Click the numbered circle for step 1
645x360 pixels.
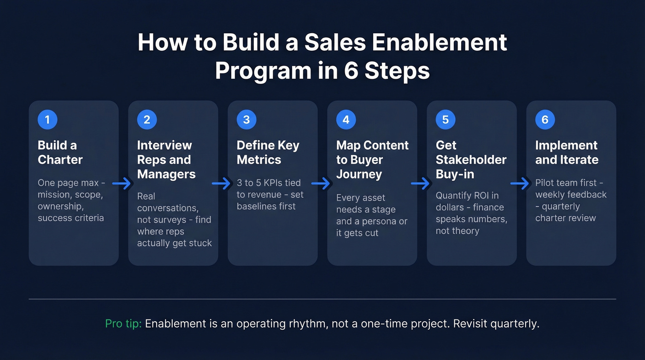[x=47, y=120]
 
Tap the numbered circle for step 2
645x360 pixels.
[x=147, y=120]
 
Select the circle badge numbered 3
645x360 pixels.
[x=246, y=120]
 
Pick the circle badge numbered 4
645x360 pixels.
[x=346, y=120]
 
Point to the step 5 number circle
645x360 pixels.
[x=446, y=120]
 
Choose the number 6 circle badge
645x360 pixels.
[x=545, y=120]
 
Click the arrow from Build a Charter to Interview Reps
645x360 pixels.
[x=122, y=183]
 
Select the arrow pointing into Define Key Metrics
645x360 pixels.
[x=222, y=183]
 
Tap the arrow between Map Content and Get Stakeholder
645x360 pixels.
[x=421, y=183]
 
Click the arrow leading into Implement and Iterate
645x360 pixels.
[x=520, y=183]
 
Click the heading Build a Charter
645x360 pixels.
[x=60, y=153]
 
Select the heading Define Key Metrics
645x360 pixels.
[x=268, y=153]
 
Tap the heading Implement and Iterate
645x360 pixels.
[x=567, y=153]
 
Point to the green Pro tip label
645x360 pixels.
[x=123, y=324]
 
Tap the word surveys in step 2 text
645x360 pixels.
[x=171, y=219]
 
